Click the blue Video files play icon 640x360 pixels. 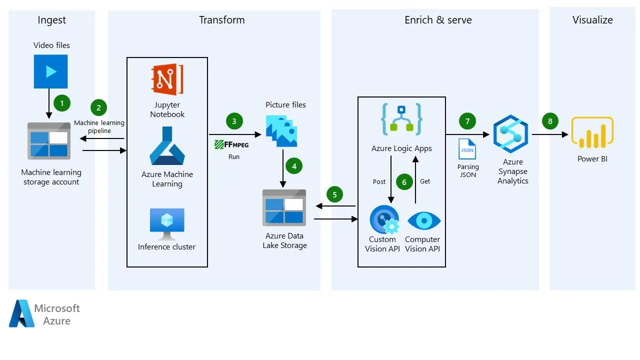pyautogui.click(x=50, y=71)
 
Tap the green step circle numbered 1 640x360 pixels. pyautogui.click(x=62, y=103)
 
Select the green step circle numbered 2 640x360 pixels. pyautogui.click(x=98, y=107)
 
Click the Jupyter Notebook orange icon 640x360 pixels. pyautogui.click(x=167, y=79)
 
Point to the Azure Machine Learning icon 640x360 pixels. pyautogui.click(x=167, y=146)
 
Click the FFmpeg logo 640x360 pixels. pyautogui.click(x=231, y=144)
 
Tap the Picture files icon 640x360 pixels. pyautogui.click(x=281, y=130)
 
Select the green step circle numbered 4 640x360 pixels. pyautogui.click(x=294, y=166)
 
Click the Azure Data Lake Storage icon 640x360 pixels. pyautogui.click(x=284, y=207)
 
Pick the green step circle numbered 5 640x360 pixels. pyautogui.click(x=334, y=194)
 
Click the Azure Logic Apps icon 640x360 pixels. pyautogui.click(x=401, y=119)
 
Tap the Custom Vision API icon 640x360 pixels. pyautogui.click(x=383, y=220)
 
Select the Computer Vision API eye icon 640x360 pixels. pyautogui.click(x=424, y=220)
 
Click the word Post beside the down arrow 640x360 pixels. pyautogui.click(x=379, y=181)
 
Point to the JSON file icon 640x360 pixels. pyautogui.click(x=467, y=149)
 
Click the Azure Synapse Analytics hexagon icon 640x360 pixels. pyautogui.click(x=510, y=133)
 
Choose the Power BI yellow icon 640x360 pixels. pyautogui.click(x=592, y=133)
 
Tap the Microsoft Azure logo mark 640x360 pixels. pyautogui.click(x=21, y=313)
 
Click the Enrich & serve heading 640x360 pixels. pyautogui.click(x=438, y=20)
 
